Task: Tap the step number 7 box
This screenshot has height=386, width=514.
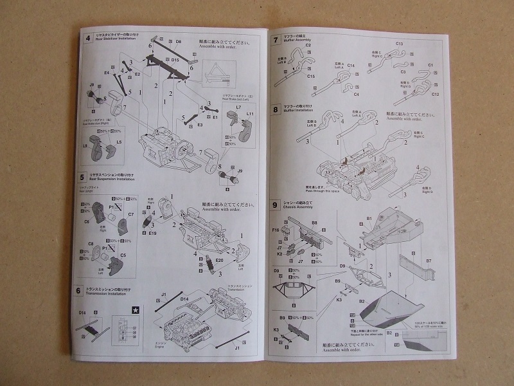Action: [276, 40]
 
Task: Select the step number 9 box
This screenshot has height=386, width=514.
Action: [276, 205]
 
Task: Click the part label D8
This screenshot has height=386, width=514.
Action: [178, 42]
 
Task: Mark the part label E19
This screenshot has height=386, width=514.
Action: [153, 234]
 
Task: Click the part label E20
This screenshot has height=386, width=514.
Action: [219, 261]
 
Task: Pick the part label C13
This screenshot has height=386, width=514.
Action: [399, 43]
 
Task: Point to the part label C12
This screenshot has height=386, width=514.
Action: [435, 94]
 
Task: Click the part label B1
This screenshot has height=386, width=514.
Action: [369, 219]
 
